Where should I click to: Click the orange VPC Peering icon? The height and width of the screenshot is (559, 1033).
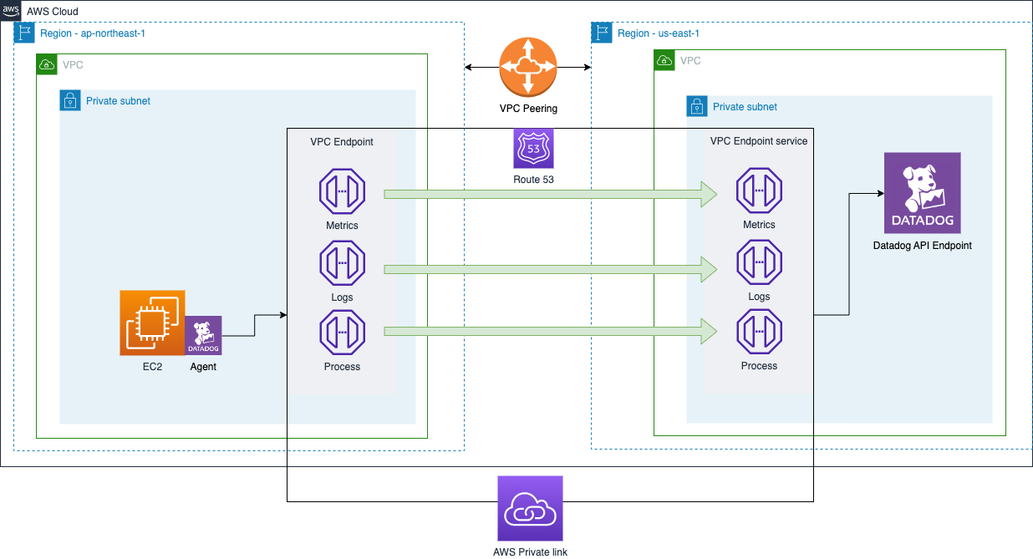click(x=527, y=66)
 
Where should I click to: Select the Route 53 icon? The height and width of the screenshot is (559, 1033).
click(x=533, y=149)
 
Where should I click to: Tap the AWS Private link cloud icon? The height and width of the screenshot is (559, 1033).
click(x=530, y=508)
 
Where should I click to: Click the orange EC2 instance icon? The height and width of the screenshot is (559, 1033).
click(x=152, y=323)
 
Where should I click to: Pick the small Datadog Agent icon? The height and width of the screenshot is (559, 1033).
click(x=203, y=336)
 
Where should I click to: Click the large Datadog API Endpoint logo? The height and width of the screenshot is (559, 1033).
click(x=922, y=192)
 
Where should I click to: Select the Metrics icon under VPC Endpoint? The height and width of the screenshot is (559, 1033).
click(x=342, y=191)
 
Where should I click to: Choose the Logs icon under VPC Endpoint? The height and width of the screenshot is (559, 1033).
click(x=342, y=263)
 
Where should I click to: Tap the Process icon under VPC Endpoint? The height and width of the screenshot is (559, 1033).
click(x=342, y=333)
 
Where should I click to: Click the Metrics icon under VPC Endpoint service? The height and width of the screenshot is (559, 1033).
click(x=759, y=191)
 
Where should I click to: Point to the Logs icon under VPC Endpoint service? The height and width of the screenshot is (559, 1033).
click(x=759, y=263)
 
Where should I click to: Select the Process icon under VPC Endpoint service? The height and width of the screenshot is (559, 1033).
click(x=759, y=333)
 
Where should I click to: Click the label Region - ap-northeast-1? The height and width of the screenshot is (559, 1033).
click(x=93, y=33)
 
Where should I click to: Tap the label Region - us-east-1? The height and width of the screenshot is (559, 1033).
click(x=658, y=33)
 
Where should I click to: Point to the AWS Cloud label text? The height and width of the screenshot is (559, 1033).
click(x=53, y=12)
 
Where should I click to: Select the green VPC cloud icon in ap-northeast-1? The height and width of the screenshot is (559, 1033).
click(x=47, y=64)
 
